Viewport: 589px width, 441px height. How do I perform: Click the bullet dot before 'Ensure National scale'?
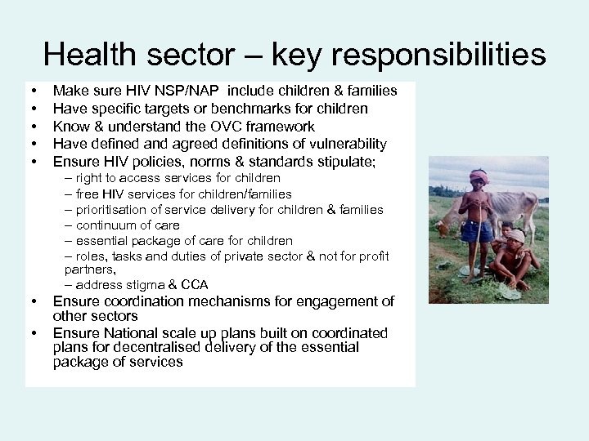[x=34, y=333]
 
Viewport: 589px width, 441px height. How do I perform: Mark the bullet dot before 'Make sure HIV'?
[x=34, y=91]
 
